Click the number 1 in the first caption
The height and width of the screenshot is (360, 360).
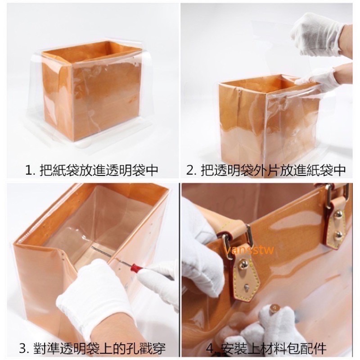[28, 171]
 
